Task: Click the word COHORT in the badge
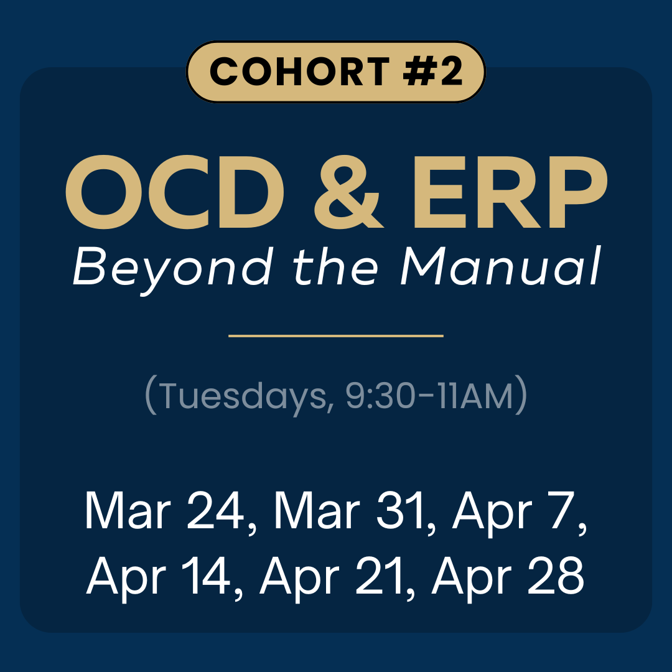[x=284, y=72]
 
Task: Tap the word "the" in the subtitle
[x=335, y=266]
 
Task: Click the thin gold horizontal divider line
[x=336, y=336]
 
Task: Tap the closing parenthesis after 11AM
[x=521, y=396]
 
